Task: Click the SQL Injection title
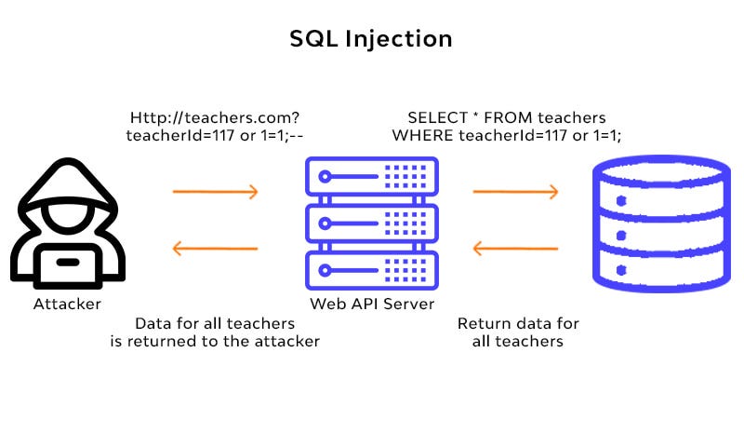click(x=371, y=39)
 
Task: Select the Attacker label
click(x=67, y=305)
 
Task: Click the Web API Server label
click(x=372, y=305)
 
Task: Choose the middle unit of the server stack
click(x=372, y=223)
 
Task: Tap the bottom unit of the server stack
click(x=372, y=271)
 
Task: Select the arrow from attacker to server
click(x=216, y=192)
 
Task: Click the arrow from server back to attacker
click(x=216, y=249)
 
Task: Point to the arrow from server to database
click(x=516, y=192)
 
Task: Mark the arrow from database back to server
click(x=516, y=249)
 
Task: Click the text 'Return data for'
click(x=518, y=324)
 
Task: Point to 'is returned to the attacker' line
click(x=215, y=342)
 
